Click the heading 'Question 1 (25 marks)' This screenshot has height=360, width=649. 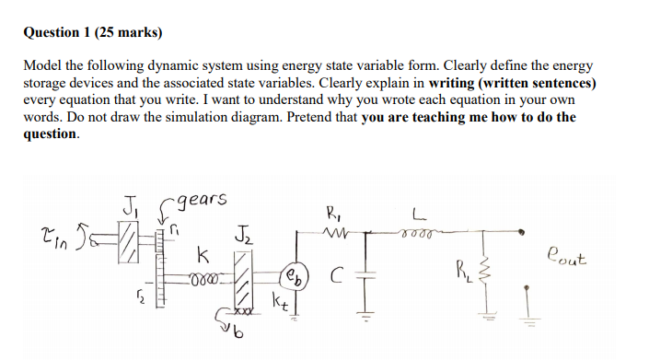pos(92,33)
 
